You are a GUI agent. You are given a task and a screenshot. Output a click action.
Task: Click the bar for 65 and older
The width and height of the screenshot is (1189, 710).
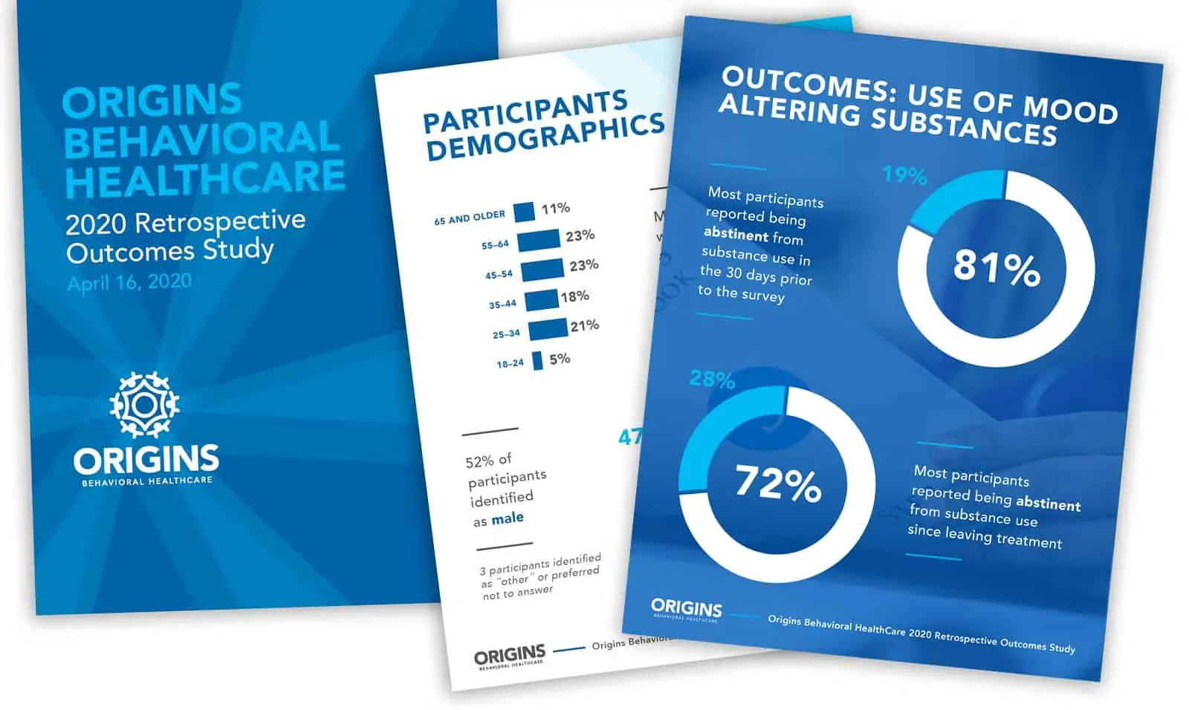524,212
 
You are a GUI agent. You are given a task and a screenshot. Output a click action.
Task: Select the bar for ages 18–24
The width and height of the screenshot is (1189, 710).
537,361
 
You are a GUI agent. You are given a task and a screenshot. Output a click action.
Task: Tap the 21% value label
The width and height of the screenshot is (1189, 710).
584,325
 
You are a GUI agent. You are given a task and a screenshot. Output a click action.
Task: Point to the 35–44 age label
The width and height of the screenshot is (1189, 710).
502,304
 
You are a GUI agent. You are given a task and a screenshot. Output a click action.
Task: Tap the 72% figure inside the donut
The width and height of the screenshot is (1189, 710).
778,483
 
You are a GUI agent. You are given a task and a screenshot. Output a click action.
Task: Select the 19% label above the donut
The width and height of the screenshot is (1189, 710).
904,175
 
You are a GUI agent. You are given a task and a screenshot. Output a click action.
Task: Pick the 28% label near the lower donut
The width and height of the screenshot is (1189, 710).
712,380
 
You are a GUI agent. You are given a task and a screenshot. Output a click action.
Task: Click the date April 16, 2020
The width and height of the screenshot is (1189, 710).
129,282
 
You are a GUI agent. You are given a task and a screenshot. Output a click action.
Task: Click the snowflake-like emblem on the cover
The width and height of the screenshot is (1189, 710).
145,404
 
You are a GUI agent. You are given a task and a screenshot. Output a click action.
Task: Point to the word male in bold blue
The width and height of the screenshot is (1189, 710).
508,518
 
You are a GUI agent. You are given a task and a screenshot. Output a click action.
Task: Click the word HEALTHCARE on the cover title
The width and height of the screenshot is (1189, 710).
205,179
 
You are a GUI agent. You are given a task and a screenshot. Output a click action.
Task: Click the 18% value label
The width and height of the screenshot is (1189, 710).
574,296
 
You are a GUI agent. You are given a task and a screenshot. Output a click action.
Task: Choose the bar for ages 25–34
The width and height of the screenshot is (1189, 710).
548,329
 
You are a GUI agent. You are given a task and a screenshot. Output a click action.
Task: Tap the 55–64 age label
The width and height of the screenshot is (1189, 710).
495,244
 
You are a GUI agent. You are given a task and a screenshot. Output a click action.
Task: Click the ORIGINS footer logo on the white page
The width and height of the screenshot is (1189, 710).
510,657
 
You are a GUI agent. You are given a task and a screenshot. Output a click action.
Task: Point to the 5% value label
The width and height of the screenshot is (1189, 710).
560,359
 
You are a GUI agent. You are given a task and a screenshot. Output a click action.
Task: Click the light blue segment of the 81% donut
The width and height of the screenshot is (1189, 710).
951,204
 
